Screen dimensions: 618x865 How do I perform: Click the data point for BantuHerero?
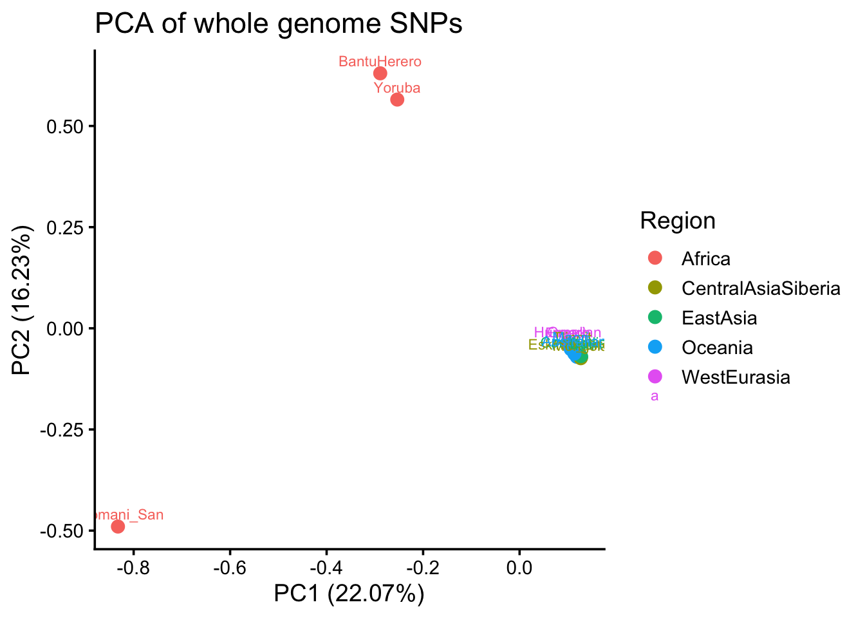[x=380, y=73]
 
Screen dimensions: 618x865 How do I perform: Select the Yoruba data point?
[x=397, y=99]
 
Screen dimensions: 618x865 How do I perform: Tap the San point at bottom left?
[x=118, y=527]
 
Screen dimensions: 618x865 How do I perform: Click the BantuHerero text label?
[x=380, y=62]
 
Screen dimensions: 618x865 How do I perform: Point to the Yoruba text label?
[x=397, y=88]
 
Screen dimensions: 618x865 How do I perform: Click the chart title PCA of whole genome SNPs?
[x=278, y=24]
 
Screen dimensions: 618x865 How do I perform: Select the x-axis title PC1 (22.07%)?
[x=349, y=594]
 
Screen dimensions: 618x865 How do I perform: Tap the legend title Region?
[x=677, y=221]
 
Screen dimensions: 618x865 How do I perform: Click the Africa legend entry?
[x=705, y=259]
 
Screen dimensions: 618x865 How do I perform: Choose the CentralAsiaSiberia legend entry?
[x=760, y=288]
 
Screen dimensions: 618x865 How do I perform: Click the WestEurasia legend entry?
[x=735, y=377]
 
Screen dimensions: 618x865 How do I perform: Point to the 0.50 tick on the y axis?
[x=65, y=126]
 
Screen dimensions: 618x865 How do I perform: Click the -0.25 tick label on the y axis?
[x=62, y=429]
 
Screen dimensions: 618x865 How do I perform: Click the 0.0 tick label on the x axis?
[x=519, y=568]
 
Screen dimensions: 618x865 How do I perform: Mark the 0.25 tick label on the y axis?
[x=65, y=227]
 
